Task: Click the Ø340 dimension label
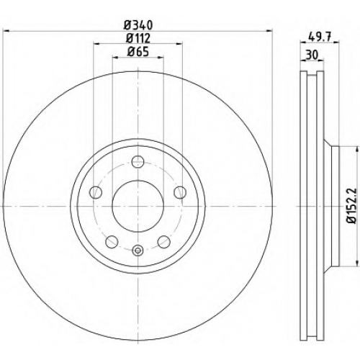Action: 138,25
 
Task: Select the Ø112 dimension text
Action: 138,38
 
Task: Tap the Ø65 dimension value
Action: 138,52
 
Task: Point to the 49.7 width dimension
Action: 320,37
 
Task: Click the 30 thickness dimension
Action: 312,55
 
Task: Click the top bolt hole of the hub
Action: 138,161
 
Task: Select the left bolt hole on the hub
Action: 96,192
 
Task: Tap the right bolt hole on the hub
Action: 180,192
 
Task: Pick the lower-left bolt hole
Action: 112,242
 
